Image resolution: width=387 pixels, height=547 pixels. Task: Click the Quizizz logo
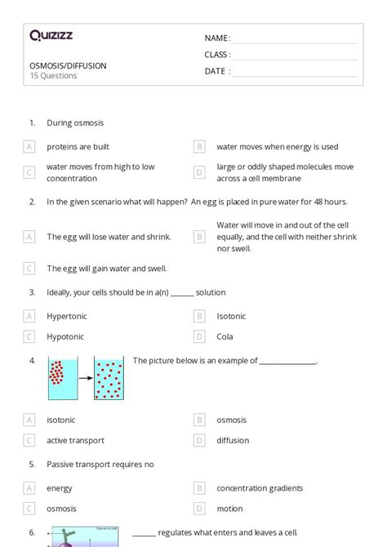51,35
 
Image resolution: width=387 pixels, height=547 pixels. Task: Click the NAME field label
216,38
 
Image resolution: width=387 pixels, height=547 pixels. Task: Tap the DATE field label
216,71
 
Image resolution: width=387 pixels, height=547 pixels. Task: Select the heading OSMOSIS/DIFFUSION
67,65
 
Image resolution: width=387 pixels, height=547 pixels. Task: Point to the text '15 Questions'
53,76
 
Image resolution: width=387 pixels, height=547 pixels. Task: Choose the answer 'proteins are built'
78,147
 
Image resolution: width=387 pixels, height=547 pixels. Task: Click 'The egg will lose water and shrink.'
109,237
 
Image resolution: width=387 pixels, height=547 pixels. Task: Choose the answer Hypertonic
66,316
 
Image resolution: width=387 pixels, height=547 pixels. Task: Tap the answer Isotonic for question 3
231,316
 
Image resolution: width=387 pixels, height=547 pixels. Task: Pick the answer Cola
225,336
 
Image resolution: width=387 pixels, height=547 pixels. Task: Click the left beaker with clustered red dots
62,379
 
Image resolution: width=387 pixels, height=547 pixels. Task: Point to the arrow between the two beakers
85,378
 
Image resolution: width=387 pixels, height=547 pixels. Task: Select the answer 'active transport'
75,440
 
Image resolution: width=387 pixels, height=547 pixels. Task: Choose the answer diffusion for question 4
233,440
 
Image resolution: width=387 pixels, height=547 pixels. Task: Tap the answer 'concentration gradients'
260,488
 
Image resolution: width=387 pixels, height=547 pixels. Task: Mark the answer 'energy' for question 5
60,488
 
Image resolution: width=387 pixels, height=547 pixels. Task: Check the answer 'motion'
229,509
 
